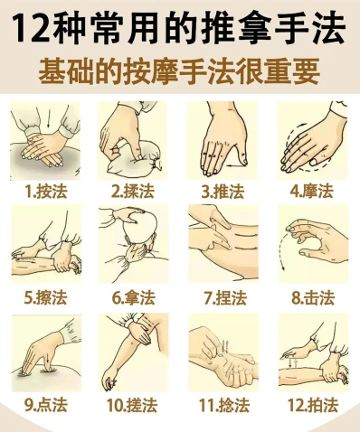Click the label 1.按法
click(46, 191)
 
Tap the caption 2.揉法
click(133, 191)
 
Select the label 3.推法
click(223, 191)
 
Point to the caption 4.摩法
click(311, 191)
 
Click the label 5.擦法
click(46, 297)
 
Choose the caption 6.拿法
click(134, 297)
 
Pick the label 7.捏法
click(223, 297)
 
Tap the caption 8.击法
click(313, 297)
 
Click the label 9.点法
click(46, 405)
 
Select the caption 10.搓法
click(132, 405)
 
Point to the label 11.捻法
click(224, 405)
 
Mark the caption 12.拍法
click(312, 405)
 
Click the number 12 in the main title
click(31, 28)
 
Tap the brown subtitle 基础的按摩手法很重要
click(179, 71)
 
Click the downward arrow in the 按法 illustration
click(48, 120)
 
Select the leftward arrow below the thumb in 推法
click(234, 165)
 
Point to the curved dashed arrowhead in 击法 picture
click(283, 268)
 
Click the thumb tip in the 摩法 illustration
click(314, 162)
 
